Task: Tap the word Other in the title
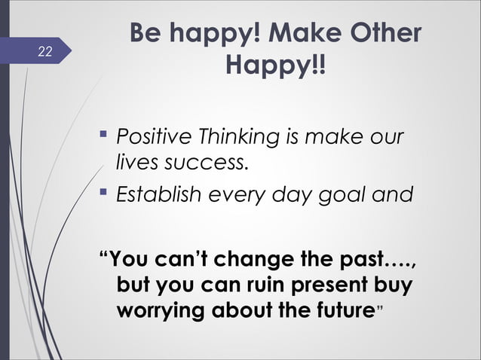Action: [x=383, y=35]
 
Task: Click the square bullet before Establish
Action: [x=105, y=196]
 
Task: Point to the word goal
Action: [x=349, y=197]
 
